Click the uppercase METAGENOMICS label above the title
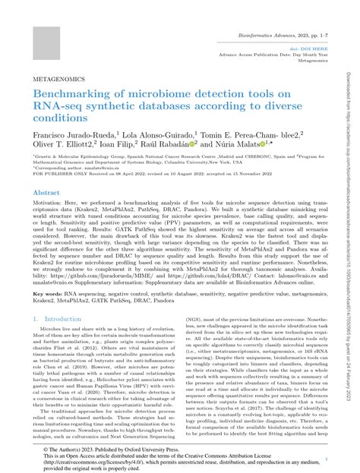(58, 77)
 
